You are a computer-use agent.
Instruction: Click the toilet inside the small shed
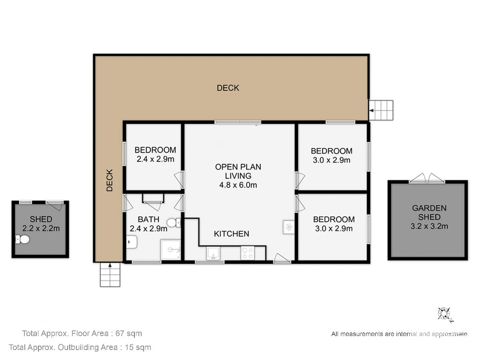(22, 240)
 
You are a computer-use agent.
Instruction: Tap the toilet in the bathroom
(174, 223)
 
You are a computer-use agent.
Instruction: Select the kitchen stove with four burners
(248, 253)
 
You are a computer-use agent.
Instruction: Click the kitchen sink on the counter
(213, 253)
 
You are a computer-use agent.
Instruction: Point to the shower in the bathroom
(170, 250)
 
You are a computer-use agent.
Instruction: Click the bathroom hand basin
(132, 242)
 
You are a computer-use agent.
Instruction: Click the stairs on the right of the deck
(381, 110)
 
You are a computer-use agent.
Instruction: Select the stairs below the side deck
(110, 274)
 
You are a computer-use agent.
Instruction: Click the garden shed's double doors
(427, 178)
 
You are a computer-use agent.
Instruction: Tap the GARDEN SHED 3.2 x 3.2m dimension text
(429, 217)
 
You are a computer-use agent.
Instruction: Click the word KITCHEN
(231, 234)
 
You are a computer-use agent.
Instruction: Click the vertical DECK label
(110, 180)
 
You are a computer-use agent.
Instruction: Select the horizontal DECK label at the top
(228, 88)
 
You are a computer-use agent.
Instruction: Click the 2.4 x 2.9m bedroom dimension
(156, 159)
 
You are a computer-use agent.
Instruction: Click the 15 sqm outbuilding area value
(138, 347)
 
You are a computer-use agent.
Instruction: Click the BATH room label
(148, 219)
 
